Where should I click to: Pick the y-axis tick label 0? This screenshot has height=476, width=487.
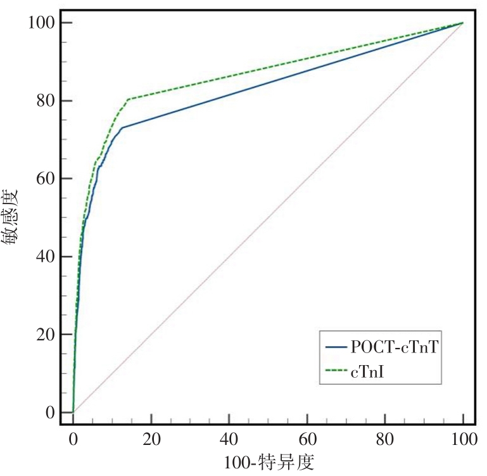coord(49,413)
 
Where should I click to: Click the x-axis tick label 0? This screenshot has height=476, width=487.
coord(73,438)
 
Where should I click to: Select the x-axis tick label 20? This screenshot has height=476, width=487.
coord(151,438)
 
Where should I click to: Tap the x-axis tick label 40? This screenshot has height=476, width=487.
coord(229,438)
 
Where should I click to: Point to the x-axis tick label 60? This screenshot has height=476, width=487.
coord(307,438)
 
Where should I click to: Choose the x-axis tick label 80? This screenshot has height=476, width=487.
coord(385,438)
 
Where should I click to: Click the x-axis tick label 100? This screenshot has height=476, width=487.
coord(463,438)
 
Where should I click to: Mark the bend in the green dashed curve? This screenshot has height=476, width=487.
coord(128,99)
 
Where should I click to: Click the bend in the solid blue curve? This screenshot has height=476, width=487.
coord(121,127)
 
